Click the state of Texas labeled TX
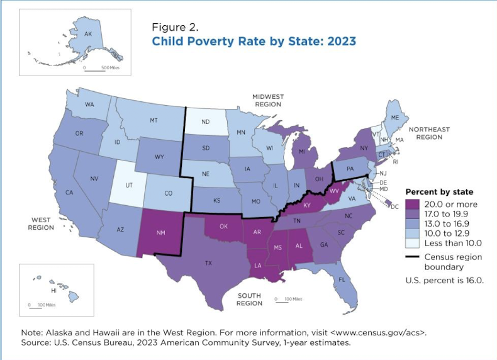coord(208,263)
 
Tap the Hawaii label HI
coord(53,291)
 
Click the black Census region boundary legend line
coord(414,257)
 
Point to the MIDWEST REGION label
coord(268,100)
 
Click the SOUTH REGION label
coord(249,299)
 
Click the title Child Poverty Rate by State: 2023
coord(254,42)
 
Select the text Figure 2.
coord(176,27)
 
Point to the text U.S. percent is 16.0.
coord(445,281)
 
